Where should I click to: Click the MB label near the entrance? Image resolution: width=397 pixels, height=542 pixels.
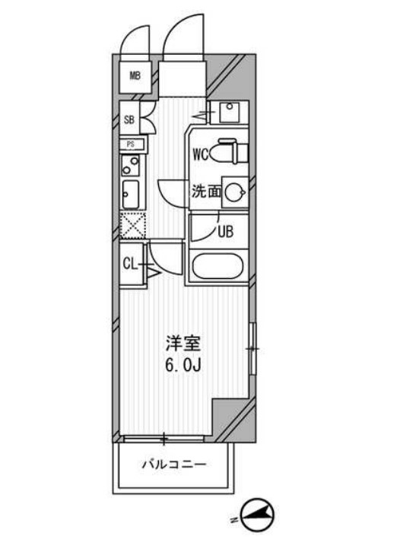(x=135, y=75)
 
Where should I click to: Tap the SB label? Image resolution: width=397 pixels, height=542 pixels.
(x=129, y=119)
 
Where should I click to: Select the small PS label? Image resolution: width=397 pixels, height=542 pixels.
(x=131, y=144)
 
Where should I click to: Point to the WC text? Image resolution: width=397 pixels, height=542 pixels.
(x=201, y=155)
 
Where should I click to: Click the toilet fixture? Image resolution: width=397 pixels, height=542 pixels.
(x=228, y=152)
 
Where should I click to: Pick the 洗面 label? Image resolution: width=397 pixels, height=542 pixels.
(x=206, y=192)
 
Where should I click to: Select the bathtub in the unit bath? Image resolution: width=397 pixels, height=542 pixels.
(x=218, y=267)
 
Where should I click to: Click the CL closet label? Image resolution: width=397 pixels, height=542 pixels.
(x=130, y=264)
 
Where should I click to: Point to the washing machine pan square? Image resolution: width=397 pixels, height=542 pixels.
(x=228, y=113)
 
